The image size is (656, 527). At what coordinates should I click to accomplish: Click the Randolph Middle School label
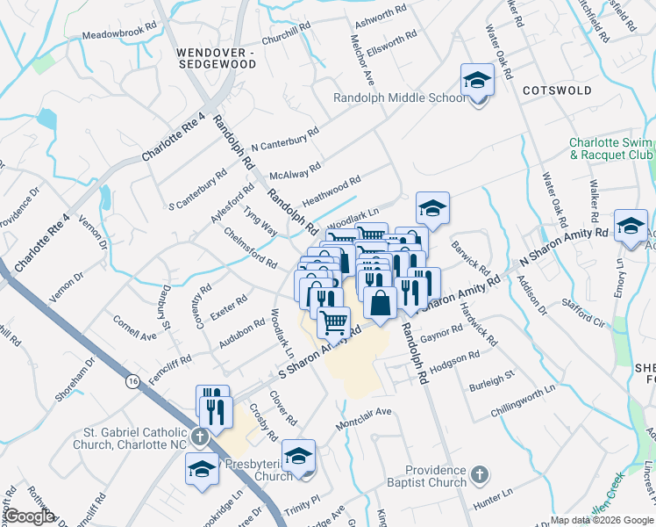[x=399, y=97]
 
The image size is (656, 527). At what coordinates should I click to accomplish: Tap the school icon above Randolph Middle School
[x=476, y=81]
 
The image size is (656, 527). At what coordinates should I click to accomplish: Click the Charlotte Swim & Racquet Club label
[x=611, y=148]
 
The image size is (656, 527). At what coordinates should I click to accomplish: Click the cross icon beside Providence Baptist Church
[x=478, y=475]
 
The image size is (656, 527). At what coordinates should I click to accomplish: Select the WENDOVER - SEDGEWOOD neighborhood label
[x=215, y=59]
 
